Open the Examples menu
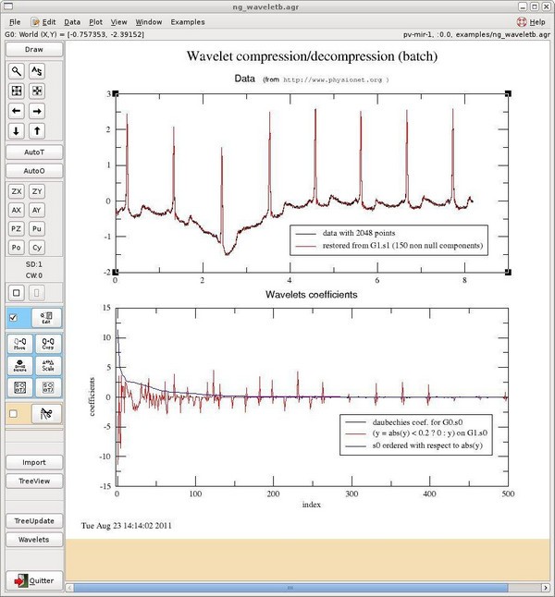[x=187, y=20]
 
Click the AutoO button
[x=34, y=171]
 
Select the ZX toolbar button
[x=16, y=191]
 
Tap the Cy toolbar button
[x=37, y=248]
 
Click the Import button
[x=34, y=462]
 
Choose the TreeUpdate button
[x=34, y=521]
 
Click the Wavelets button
[x=34, y=540]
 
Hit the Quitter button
[x=34, y=580]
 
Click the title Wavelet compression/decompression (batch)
[x=312, y=56]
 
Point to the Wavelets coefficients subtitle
[x=312, y=294]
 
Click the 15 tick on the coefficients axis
[x=106, y=308]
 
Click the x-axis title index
[x=312, y=506]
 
